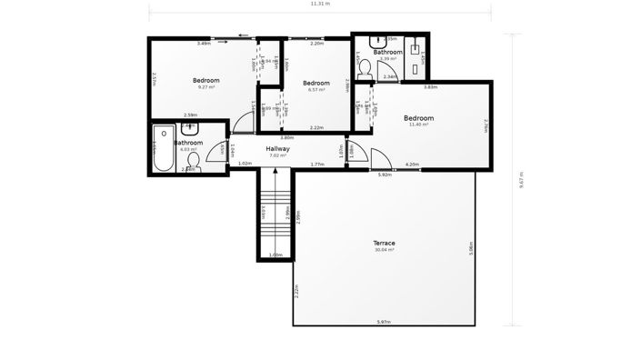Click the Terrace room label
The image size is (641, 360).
pyautogui.click(x=385, y=243)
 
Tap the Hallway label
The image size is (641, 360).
pyautogui.click(x=277, y=148)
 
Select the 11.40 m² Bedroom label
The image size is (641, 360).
pyautogui.click(x=418, y=118)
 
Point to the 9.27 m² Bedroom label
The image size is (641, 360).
pyautogui.click(x=206, y=81)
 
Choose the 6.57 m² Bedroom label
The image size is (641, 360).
pyautogui.click(x=316, y=84)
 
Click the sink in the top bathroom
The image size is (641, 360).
pyautogui.click(x=378, y=43)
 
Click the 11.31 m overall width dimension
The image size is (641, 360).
pyautogui.click(x=320, y=4)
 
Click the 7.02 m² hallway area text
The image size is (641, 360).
pyautogui.click(x=278, y=155)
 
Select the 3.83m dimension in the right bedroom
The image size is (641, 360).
pyautogui.click(x=430, y=87)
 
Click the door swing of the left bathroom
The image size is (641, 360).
pyautogui.click(x=217, y=154)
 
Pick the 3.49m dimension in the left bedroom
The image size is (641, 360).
pyautogui.click(x=204, y=44)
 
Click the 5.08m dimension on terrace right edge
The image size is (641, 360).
pyautogui.click(x=471, y=247)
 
